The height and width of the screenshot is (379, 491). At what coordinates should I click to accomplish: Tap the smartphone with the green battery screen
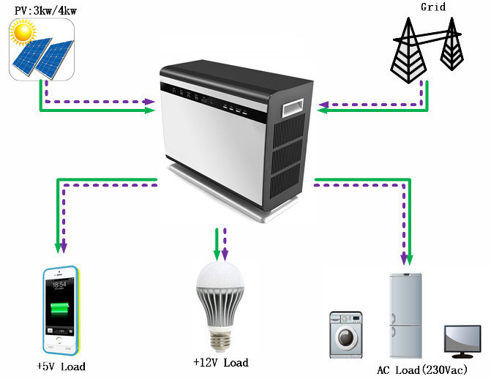point(61,310)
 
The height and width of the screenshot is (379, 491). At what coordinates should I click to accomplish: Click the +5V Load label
point(64,366)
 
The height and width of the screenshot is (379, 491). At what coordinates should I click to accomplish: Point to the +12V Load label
point(220,362)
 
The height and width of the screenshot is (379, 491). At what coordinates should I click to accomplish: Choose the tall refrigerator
point(406,315)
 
